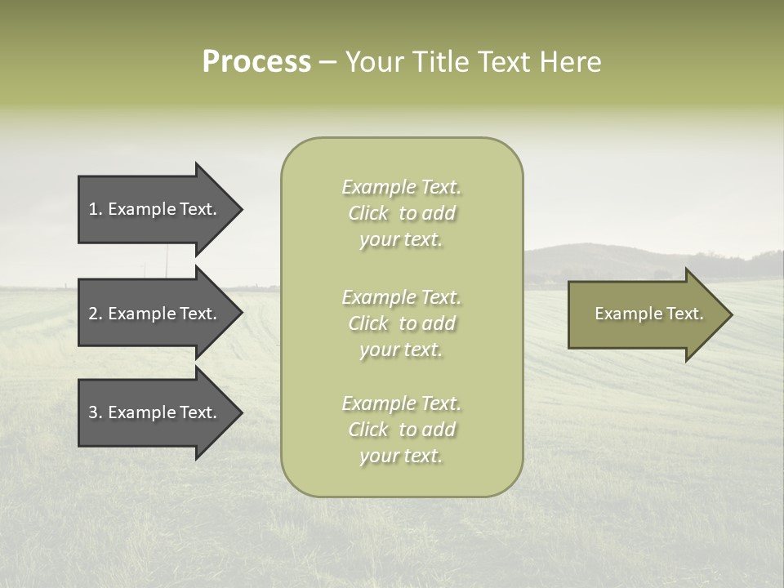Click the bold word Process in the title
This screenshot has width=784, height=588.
pyautogui.click(x=256, y=62)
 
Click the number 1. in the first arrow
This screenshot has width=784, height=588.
pyautogui.click(x=96, y=209)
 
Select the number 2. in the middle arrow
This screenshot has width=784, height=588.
pyautogui.click(x=96, y=314)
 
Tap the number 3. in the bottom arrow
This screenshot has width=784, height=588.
pyautogui.click(x=96, y=412)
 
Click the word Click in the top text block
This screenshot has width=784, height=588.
pyautogui.click(x=367, y=214)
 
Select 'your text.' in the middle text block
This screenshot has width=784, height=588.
pyautogui.click(x=401, y=350)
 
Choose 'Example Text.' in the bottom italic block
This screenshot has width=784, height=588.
pyautogui.click(x=401, y=403)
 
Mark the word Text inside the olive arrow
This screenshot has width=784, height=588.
pyautogui.click(x=685, y=314)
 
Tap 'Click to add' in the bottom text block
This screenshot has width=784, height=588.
pyautogui.click(x=401, y=430)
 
